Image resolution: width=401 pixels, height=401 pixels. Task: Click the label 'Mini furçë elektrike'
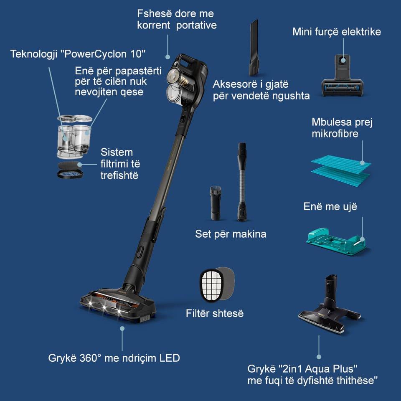click(x=336, y=32)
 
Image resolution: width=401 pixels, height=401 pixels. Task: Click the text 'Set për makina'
click(x=231, y=234)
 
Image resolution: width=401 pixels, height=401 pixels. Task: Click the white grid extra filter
click(x=211, y=284)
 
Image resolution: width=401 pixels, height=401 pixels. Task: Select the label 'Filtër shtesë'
click(x=214, y=313)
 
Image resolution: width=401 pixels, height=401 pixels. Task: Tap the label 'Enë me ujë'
click(x=330, y=207)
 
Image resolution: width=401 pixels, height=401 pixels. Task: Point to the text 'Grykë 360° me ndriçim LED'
click(x=114, y=358)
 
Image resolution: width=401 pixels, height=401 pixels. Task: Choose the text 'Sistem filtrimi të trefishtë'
click(x=119, y=163)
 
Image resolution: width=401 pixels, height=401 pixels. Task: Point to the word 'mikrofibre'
click(x=335, y=135)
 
